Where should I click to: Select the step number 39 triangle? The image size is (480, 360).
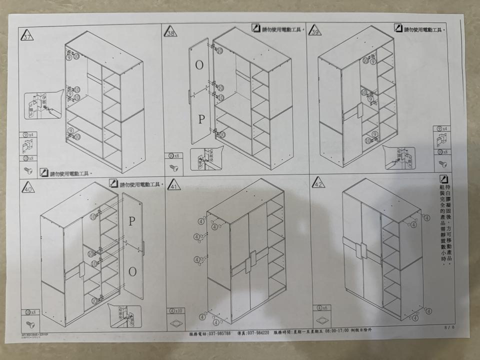[x=315, y=31]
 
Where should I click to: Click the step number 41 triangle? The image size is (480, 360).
[x=173, y=185]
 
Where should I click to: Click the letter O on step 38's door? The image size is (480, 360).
[x=199, y=65]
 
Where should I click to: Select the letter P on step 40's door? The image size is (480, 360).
[x=131, y=221]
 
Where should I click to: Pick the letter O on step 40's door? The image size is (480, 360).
[x=132, y=271]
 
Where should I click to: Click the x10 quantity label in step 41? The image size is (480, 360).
[x=176, y=310]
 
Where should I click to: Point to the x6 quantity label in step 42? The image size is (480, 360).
[x=321, y=308]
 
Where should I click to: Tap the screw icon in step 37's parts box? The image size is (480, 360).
[x=28, y=170]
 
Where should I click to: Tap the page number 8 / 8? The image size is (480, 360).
[x=448, y=327]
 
